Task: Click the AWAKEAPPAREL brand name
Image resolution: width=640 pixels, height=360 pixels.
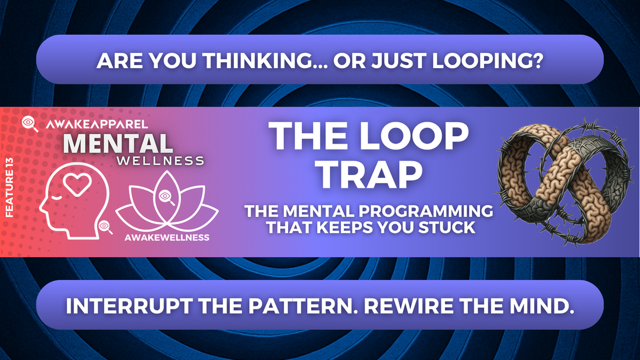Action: (97, 124)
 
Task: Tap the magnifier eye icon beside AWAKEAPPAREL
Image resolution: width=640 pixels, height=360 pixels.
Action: (30, 124)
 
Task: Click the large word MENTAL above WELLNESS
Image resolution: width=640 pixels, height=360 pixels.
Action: (118, 143)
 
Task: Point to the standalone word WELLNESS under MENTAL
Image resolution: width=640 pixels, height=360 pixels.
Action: (161, 161)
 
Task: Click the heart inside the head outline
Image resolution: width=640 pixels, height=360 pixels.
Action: (77, 184)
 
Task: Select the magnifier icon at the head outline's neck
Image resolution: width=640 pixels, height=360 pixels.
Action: (105, 227)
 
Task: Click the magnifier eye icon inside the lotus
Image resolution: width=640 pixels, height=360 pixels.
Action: (166, 198)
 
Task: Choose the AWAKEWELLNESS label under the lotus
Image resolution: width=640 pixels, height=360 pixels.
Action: (167, 237)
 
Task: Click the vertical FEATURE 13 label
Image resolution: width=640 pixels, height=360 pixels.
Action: (9, 187)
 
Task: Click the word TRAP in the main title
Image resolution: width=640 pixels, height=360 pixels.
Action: (370, 174)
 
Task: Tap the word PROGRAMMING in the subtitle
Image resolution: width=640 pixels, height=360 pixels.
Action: (425, 211)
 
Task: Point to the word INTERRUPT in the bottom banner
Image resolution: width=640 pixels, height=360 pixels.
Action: (129, 306)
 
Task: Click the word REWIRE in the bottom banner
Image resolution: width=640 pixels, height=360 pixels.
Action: (408, 306)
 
